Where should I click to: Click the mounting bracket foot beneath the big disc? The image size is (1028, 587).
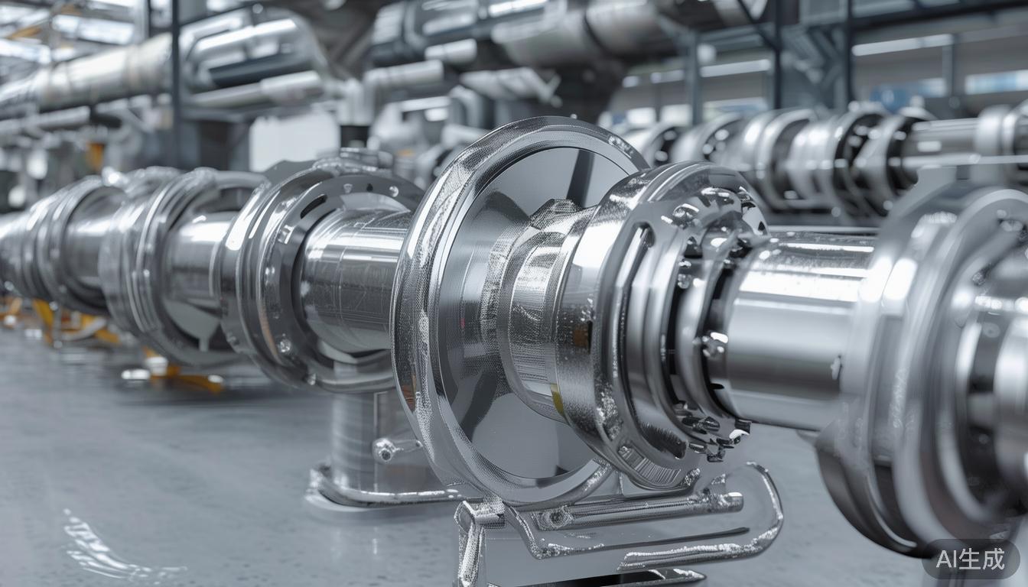click(612, 527)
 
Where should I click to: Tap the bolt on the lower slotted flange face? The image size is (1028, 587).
click(284, 345)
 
